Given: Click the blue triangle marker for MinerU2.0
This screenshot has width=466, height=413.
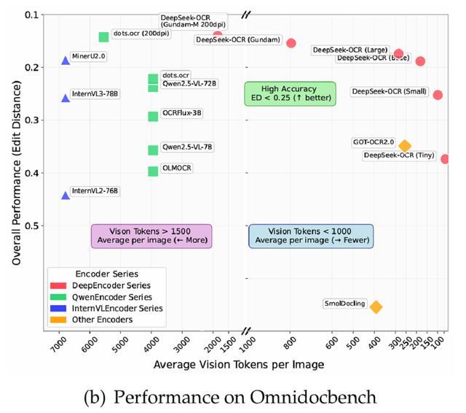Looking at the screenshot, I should tap(66, 61).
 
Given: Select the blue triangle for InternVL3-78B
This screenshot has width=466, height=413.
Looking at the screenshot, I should tap(66, 98).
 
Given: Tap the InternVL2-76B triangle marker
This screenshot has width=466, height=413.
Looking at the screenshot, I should tap(66, 195).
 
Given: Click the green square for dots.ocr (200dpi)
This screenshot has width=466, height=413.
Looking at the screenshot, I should tap(103, 37).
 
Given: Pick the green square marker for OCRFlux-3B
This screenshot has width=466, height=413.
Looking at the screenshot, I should tap(153, 117).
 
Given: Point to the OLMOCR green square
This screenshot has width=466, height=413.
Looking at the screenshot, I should tap(153, 171).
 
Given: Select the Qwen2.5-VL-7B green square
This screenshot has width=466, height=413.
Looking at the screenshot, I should tap(153, 150).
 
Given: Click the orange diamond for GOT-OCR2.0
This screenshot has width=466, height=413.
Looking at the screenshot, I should tap(405, 146).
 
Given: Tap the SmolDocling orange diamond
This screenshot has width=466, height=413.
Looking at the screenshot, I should tap(376, 307).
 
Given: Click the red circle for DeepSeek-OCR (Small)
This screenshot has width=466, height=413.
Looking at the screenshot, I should tap(438, 95).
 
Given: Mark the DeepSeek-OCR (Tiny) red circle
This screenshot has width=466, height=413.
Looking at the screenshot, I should tap(445, 159).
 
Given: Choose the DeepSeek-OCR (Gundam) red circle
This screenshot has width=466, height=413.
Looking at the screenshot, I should tap(291, 43).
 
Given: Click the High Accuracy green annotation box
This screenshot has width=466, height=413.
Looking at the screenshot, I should tap(290, 93).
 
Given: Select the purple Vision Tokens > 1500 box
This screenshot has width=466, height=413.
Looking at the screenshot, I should tap(151, 236).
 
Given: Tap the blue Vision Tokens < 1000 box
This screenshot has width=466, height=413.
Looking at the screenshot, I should tap(311, 236).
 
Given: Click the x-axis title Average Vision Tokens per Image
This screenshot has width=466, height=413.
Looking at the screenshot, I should tap(239, 364).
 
